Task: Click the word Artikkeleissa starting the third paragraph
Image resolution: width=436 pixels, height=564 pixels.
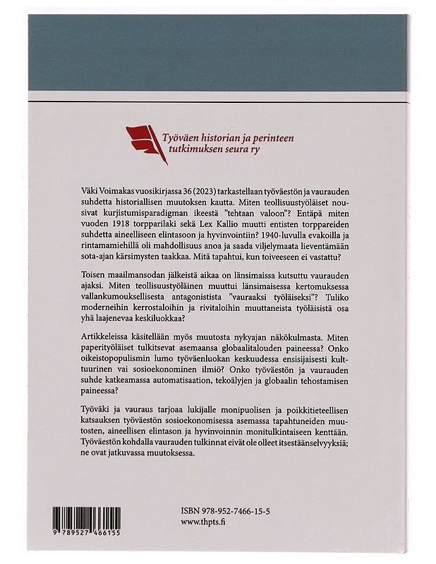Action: (x=106, y=343)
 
